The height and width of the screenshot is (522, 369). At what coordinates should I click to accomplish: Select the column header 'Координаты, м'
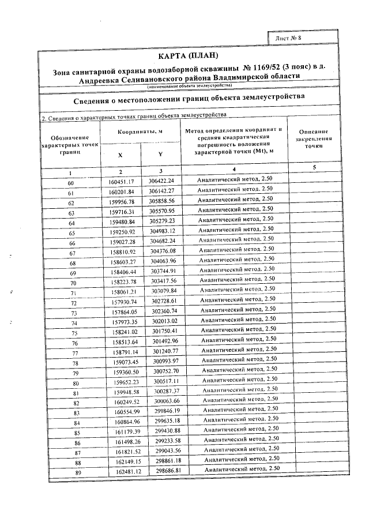[141, 132]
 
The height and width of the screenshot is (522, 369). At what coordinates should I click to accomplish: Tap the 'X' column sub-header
[120, 155]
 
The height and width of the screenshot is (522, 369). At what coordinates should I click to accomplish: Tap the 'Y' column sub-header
[161, 155]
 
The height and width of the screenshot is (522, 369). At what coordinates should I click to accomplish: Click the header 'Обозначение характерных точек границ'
[69, 144]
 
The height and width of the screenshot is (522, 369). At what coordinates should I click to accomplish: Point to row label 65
[72, 234]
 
